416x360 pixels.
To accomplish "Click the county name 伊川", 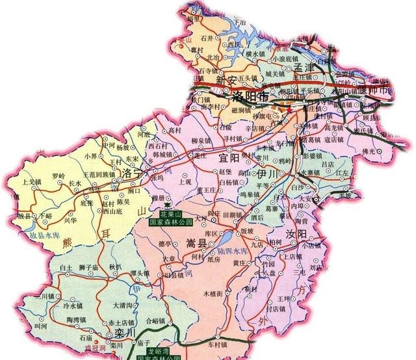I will pos(268,175).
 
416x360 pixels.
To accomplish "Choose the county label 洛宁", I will pos(133,173).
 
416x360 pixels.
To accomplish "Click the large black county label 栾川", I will pos(123,332).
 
